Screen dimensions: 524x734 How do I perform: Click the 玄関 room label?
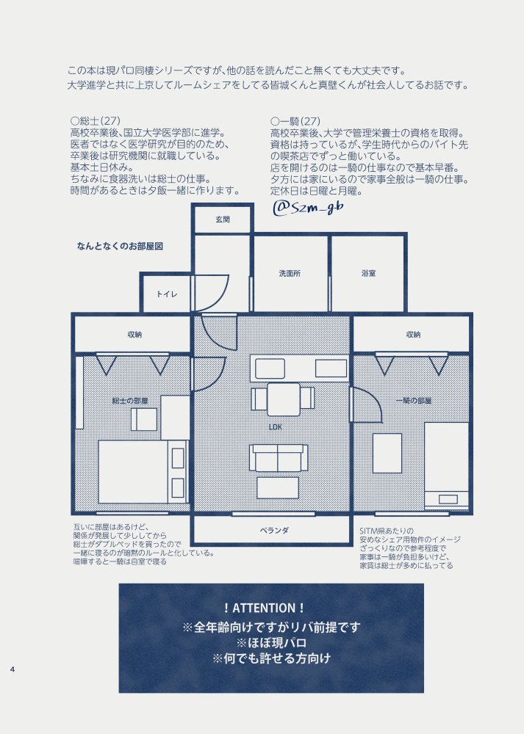click(223, 219)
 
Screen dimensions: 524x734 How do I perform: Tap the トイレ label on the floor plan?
click(167, 294)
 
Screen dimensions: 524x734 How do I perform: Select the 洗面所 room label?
click(290, 273)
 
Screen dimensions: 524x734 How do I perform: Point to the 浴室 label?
click(368, 273)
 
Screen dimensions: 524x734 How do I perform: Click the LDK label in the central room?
click(276, 427)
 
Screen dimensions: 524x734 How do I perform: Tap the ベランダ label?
click(274, 531)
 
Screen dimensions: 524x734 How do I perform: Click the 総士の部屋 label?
click(130, 401)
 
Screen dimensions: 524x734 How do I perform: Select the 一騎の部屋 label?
click(413, 401)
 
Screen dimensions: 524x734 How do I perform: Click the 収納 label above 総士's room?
click(134, 335)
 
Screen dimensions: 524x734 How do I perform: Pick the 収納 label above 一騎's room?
click(413, 335)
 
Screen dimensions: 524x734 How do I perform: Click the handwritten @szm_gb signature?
click(308, 208)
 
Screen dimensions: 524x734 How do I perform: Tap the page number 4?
click(12, 669)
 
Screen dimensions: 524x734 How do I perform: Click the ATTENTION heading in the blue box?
click(265, 608)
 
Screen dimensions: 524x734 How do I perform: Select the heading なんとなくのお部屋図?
click(120, 246)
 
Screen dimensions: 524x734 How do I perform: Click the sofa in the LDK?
click(279, 458)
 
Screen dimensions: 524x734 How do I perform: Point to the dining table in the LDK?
click(284, 399)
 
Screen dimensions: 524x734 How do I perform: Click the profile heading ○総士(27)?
click(95, 121)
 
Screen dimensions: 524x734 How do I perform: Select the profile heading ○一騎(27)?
click(295, 121)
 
